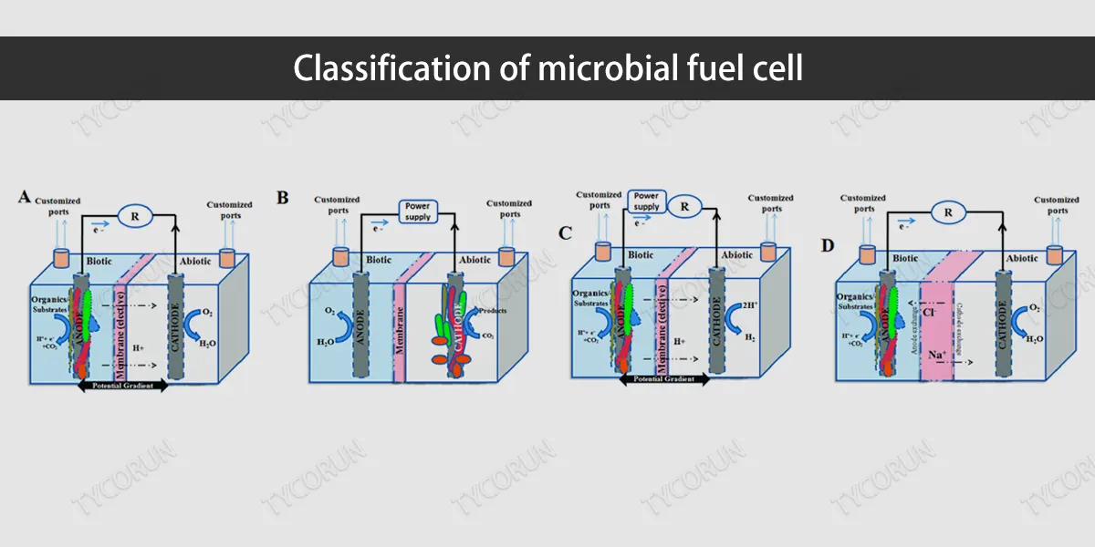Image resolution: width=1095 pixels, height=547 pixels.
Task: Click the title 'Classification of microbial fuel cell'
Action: coord(547,68)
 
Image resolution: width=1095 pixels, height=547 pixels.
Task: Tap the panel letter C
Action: coord(566,232)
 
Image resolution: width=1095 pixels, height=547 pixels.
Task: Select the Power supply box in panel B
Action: coord(418,212)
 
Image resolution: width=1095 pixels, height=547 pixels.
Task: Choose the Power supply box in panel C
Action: coord(647,200)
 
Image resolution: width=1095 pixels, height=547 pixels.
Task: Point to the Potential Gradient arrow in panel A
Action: coord(123,386)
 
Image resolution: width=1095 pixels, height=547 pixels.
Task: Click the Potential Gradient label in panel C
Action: coord(663,379)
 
